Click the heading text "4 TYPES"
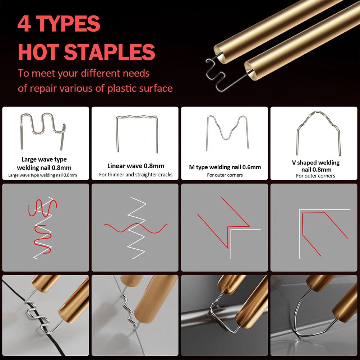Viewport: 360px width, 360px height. coord(59,24)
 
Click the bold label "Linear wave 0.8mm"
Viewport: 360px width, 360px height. coord(135,166)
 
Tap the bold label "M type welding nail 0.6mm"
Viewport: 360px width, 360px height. coord(225,167)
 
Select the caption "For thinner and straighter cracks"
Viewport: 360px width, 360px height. coord(135,175)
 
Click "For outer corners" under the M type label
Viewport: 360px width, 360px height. coord(225,175)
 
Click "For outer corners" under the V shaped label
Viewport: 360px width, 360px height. coord(315,176)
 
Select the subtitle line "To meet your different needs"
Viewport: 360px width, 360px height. coord(84,73)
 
